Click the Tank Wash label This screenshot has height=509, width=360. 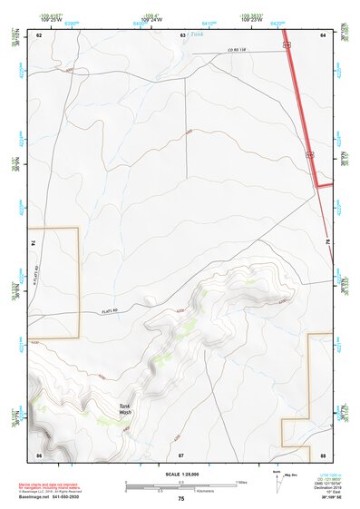pos(125,409)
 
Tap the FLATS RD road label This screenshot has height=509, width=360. pos(108,310)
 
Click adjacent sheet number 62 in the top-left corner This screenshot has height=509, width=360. pos(39,34)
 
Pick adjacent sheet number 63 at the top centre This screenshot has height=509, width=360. pos(181,34)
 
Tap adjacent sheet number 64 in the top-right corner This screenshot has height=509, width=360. pos(322,34)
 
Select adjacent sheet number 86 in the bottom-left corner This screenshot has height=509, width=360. pos(39,453)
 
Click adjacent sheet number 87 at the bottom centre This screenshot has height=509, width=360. pos(181,453)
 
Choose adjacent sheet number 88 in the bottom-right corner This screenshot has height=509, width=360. pos(322,453)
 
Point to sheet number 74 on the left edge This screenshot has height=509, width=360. pos(34,243)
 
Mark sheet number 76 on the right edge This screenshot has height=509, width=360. pos(326,243)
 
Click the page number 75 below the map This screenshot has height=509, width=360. pos(181,499)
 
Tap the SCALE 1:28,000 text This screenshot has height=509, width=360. pos(181,475)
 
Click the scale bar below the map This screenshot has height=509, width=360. pos(181,485)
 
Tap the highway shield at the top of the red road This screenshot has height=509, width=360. pos(286,43)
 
